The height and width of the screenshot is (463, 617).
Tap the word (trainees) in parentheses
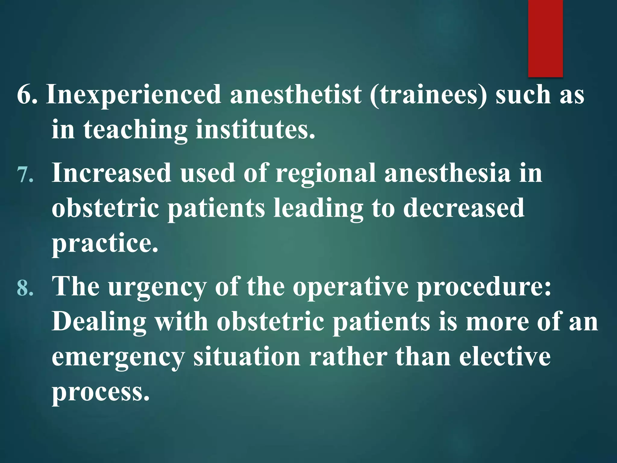[428, 95]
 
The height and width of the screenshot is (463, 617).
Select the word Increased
[111, 173]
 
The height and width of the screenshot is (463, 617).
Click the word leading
[318, 209]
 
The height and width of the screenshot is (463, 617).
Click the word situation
[247, 357]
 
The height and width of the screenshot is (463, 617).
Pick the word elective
[505, 357]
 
